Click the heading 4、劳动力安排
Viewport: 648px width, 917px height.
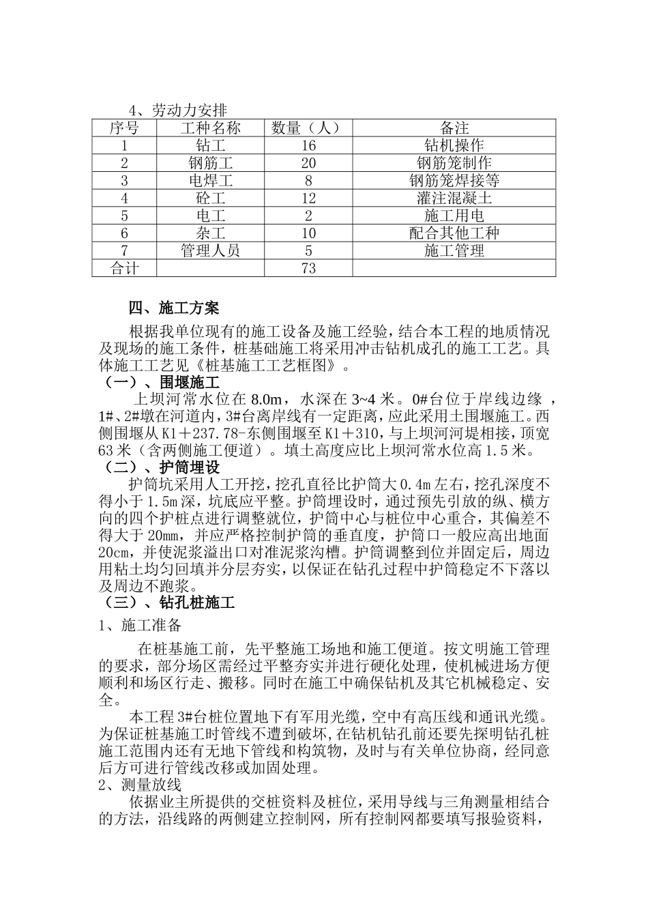coord(179,111)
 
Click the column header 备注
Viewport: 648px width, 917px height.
coord(454,128)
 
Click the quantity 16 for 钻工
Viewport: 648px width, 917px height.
coord(308,145)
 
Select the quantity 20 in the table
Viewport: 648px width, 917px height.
coord(308,163)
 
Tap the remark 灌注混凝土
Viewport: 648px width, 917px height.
coord(454,199)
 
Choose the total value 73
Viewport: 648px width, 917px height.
coord(308,268)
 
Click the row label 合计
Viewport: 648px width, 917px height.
coord(124,268)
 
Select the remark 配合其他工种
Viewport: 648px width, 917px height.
coord(454,233)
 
